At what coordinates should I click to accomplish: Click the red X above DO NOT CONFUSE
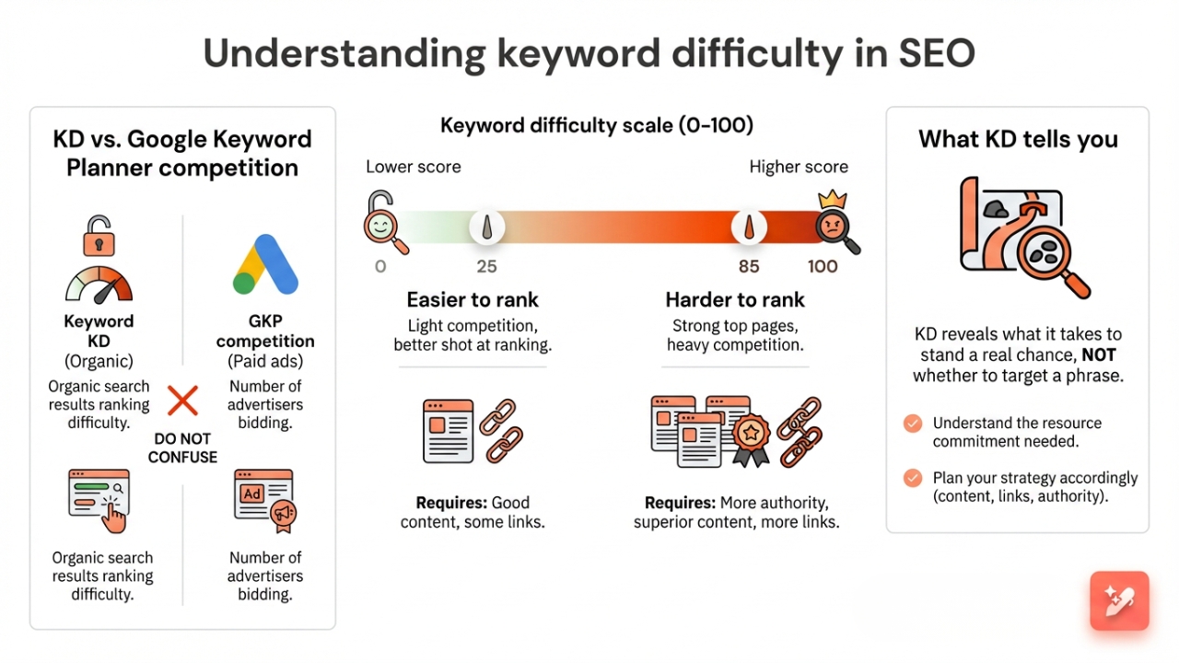pos(183,401)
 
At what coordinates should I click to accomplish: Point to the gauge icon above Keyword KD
pos(99,285)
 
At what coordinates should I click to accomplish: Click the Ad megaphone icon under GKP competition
pos(264,501)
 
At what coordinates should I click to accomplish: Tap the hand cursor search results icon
pos(100,499)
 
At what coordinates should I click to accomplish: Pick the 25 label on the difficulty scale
pos(486,266)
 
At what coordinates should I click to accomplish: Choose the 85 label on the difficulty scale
pos(749,266)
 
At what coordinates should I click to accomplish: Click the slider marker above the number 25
pos(486,227)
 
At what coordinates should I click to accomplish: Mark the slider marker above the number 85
pos(749,227)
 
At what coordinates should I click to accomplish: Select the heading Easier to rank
pos(473,300)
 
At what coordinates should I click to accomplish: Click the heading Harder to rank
pos(735,300)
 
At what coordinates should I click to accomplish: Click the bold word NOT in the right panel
pos(1098,355)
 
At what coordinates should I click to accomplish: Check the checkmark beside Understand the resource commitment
pos(912,424)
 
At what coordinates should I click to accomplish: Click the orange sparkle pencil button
pos(1119,601)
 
